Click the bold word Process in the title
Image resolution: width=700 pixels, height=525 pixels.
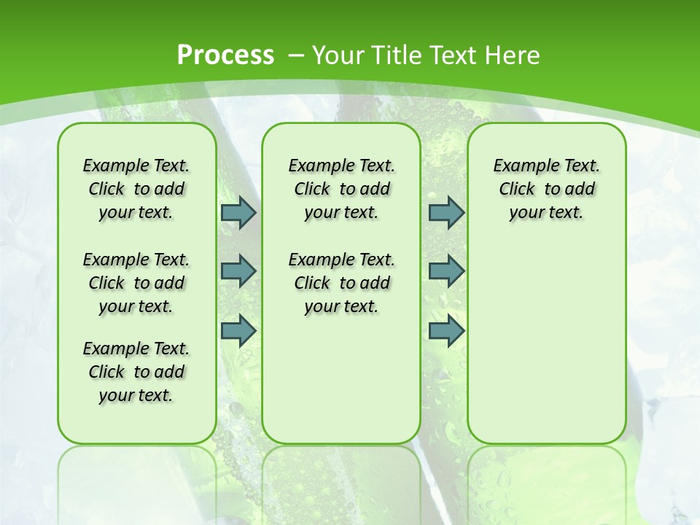(225, 55)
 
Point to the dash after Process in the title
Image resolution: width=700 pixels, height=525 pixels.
(296, 55)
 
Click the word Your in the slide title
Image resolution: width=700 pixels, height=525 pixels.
(338, 55)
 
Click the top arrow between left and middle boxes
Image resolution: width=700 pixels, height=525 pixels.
(238, 212)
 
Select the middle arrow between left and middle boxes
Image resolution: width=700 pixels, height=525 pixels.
(238, 271)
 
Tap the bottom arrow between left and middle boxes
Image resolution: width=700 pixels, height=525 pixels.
(238, 330)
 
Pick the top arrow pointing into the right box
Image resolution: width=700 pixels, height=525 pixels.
(446, 212)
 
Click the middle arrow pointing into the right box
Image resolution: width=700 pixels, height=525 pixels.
(446, 271)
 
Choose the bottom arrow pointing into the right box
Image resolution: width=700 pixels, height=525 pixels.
(446, 330)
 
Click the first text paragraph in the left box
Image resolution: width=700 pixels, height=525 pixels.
(136, 189)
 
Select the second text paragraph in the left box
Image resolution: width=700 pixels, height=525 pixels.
(136, 283)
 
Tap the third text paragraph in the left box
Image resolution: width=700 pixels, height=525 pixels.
(136, 372)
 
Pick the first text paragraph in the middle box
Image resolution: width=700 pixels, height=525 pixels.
(341, 189)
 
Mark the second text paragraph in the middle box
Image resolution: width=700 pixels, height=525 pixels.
(341, 283)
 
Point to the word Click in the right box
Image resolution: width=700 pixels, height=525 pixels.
(517, 190)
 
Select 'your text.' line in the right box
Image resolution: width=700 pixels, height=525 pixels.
(546, 213)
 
